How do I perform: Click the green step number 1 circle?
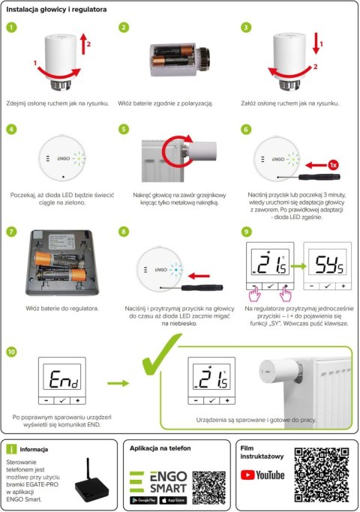coord(10,28)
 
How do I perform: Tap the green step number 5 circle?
coord(124,129)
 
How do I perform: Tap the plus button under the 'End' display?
coord(78,402)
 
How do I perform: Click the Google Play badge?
coord(144,499)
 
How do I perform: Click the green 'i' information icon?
coord(11,449)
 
